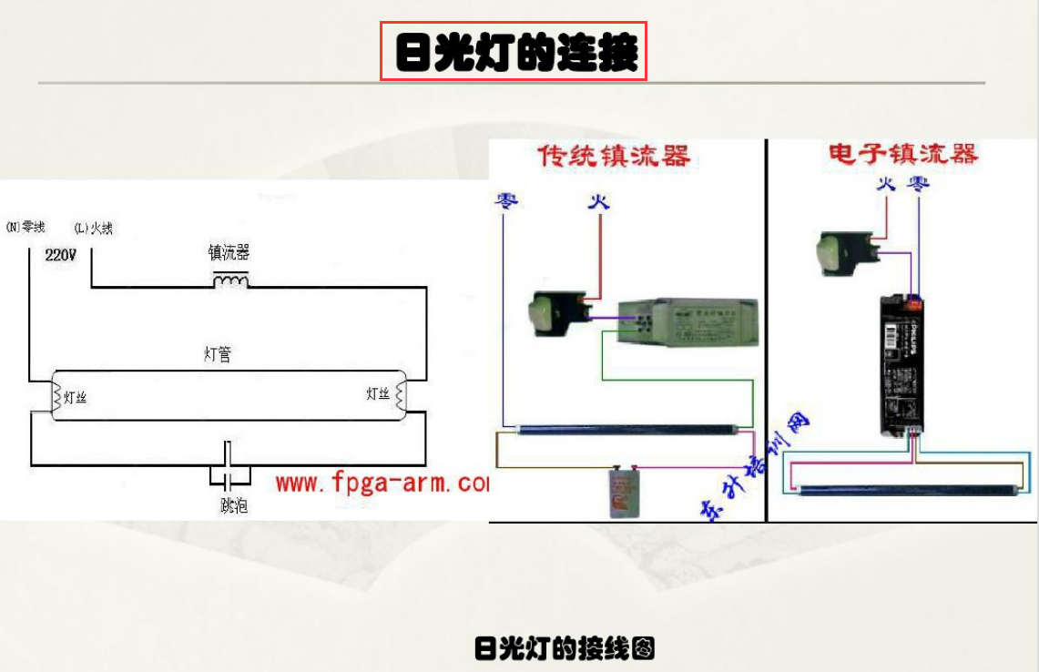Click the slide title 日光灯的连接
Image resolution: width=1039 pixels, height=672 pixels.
pyautogui.click(x=514, y=52)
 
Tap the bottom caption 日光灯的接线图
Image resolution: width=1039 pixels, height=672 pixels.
pyautogui.click(x=565, y=648)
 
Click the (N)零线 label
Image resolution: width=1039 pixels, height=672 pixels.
pyautogui.click(x=25, y=227)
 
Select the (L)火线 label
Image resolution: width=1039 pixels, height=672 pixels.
pyautogui.click(x=94, y=228)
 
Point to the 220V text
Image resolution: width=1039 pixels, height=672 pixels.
pyautogui.click(x=61, y=256)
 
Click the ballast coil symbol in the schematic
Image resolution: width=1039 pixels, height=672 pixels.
pyautogui.click(x=230, y=280)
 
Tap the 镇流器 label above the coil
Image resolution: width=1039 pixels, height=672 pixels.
pyautogui.click(x=229, y=252)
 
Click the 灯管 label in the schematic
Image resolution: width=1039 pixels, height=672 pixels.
pyautogui.click(x=217, y=354)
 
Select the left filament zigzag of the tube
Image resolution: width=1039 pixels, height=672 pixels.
pyautogui.click(x=56, y=395)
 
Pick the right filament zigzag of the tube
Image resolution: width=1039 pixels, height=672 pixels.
pyautogui.click(x=399, y=394)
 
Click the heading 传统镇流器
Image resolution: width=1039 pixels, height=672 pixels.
pyautogui.click(x=614, y=156)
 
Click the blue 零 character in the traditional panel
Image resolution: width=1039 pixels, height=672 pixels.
pyautogui.click(x=506, y=200)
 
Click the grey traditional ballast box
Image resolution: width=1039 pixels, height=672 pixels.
pyautogui.click(x=688, y=322)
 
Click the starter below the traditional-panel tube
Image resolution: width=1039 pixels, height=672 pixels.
pyautogui.click(x=624, y=493)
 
